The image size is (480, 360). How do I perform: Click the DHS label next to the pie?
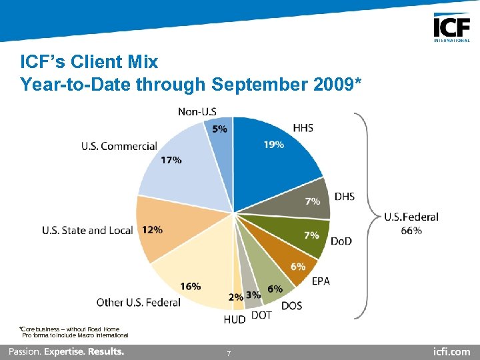click(344, 196)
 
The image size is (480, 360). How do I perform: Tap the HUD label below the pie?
click(234, 320)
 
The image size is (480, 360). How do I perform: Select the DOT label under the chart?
click(261, 315)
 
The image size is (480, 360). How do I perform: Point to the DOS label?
click(291, 306)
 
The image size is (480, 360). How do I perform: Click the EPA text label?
click(321, 281)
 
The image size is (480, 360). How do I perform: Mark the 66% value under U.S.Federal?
click(411, 231)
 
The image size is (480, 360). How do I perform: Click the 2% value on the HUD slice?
click(235, 297)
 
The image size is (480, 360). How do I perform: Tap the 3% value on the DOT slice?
click(253, 295)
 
